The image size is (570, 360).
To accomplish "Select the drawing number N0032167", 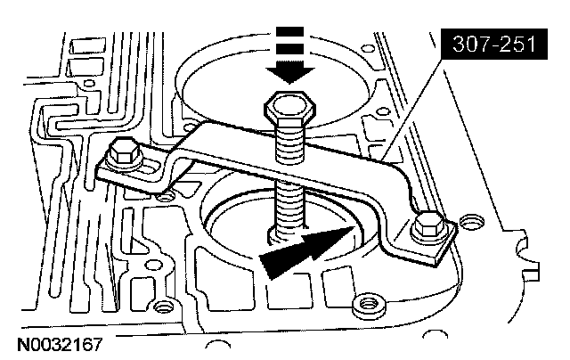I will tap(60, 340).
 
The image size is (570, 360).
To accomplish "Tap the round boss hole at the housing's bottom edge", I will tap(362, 307).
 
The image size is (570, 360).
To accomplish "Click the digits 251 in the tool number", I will tap(516, 42).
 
